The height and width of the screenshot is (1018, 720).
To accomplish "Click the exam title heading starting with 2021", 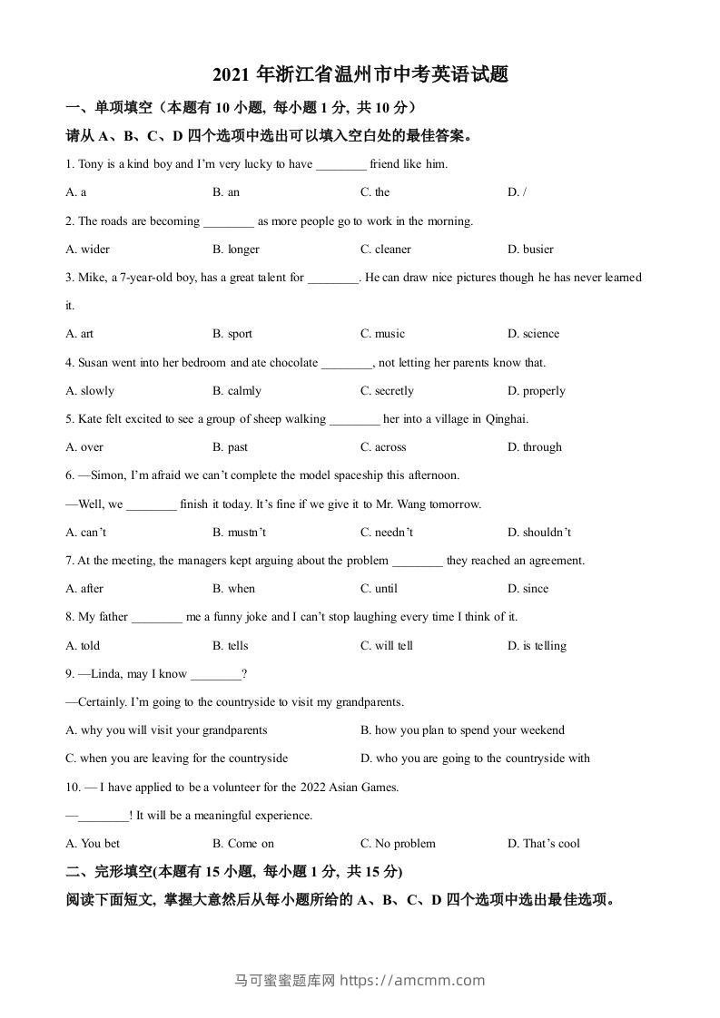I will coord(360,74).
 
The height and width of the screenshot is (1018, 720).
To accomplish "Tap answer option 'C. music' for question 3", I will coord(382,334).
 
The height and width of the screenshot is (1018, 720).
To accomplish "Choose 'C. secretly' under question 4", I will coord(387,391).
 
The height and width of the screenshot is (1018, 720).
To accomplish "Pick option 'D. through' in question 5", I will coord(535,447).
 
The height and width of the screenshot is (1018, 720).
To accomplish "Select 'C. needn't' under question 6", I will coord(386,533).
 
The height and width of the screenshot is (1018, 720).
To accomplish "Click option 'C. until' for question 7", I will coord(379,589).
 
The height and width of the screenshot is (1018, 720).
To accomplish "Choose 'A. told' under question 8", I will coord(84,646).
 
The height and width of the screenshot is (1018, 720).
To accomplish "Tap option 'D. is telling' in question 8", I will coord(537,646).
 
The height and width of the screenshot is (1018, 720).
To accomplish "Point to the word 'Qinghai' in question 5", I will coord(508,419).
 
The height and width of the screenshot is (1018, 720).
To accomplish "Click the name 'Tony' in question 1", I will coord(91,164).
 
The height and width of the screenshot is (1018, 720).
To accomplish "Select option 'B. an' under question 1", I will coord(226,192).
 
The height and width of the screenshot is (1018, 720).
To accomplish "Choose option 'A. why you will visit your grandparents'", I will coord(167,730).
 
